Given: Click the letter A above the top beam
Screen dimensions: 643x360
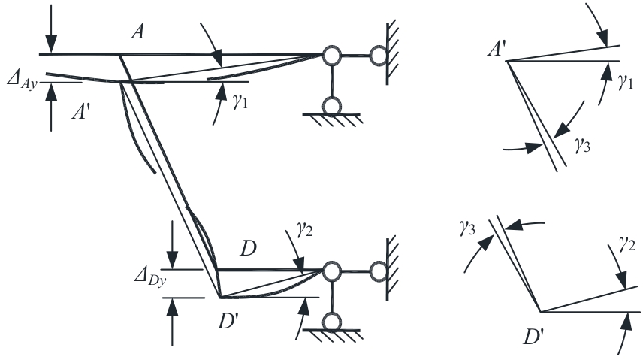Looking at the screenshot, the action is coord(137,32).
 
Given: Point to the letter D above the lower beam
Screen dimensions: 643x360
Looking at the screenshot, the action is coord(248,248).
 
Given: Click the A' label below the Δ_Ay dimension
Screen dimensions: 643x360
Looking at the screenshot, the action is coord(81,111).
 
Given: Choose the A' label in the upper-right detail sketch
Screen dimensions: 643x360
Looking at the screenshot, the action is coord(497,49).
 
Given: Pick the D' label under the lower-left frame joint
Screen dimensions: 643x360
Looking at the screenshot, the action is coord(228,321).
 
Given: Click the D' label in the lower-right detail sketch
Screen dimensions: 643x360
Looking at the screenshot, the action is coord(533,337).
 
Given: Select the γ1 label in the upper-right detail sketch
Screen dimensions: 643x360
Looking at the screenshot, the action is coord(626,82).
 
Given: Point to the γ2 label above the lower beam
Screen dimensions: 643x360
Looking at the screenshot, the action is coord(305,229).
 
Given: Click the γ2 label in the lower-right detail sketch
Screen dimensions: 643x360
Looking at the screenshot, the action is coord(627,244).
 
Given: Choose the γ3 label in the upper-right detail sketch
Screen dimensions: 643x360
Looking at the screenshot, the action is coord(582,145).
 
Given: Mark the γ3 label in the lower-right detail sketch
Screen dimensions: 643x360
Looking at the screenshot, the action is coord(467,228).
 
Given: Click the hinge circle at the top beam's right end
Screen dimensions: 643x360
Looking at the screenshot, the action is coord(332,55).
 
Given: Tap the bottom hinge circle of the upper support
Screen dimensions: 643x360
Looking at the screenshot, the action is coord(332,106).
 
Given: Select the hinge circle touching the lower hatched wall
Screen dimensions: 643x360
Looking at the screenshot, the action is coord(379,271).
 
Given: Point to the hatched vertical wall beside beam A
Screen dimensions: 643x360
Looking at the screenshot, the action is coord(391,52).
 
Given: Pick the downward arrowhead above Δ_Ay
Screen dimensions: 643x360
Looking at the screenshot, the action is coord(51,44).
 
